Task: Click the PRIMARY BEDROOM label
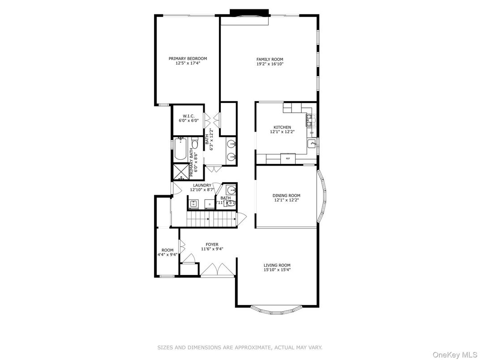tap(188, 59)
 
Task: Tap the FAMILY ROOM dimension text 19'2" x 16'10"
tap(270, 64)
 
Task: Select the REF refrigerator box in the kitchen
tap(288, 159)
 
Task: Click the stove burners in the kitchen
tap(309, 119)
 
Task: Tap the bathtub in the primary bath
tap(181, 150)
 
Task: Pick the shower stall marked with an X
tap(181, 172)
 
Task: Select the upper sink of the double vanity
tap(231, 144)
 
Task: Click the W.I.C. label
tap(188, 116)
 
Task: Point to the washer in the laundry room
tap(193, 204)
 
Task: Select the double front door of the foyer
tap(217, 270)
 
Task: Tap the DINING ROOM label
tap(286, 195)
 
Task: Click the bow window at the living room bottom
tap(276, 309)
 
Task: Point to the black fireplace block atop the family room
tap(249, 12)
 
